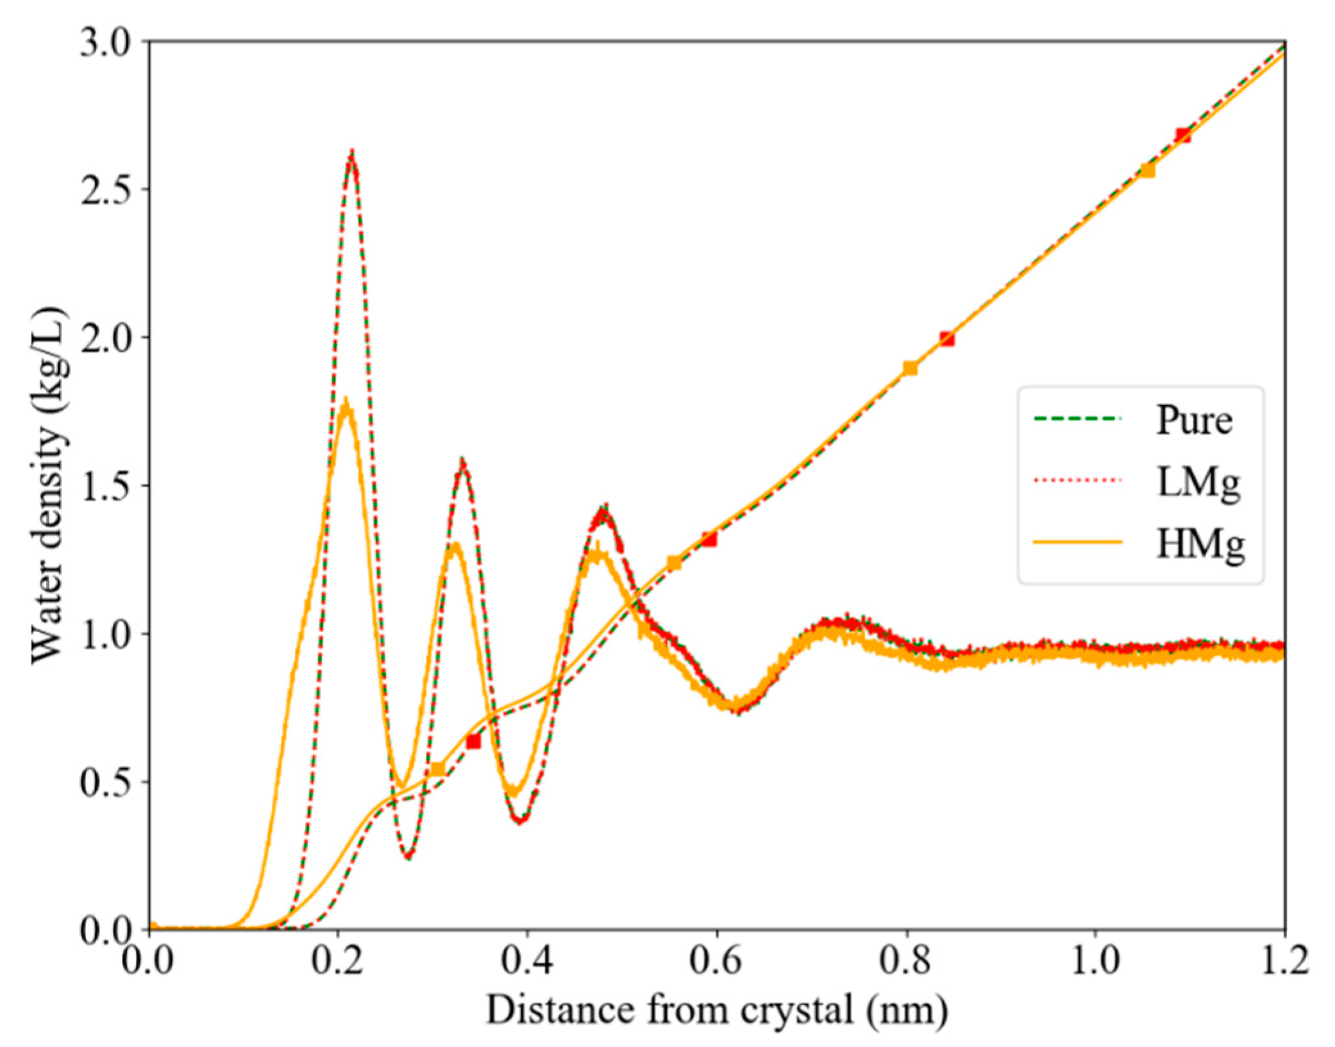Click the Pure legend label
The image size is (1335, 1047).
(1194, 421)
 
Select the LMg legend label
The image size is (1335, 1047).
(1198, 483)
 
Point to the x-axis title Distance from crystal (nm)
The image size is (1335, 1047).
(716, 1010)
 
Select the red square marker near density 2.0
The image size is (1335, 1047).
(947, 339)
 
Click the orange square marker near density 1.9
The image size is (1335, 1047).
(910, 368)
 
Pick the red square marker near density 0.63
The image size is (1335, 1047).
(473, 742)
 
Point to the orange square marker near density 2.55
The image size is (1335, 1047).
(1148, 171)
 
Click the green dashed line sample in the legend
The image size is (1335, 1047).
(1077, 419)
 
